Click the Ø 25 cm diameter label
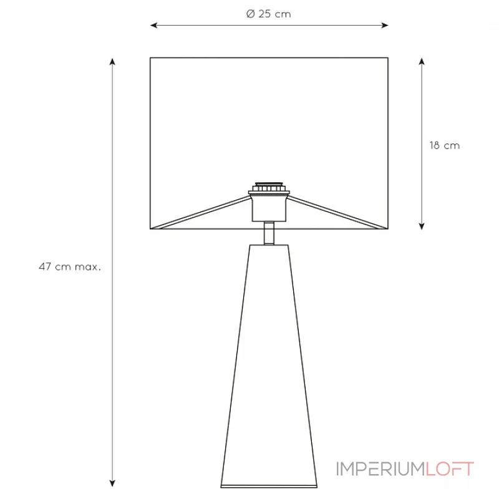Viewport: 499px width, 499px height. point(269,14)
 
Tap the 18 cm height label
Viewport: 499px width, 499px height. point(445,146)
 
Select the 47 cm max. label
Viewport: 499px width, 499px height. point(70,267)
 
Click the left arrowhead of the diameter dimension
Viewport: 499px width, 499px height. point(153,25)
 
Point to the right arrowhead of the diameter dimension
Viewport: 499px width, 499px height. point(385,25)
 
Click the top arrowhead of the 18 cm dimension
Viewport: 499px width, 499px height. point(422,61)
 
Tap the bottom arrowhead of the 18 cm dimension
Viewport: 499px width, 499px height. point(422,226)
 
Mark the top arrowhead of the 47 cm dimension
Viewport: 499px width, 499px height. point(112,61)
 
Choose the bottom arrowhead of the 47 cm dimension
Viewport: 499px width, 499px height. point(112,483)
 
